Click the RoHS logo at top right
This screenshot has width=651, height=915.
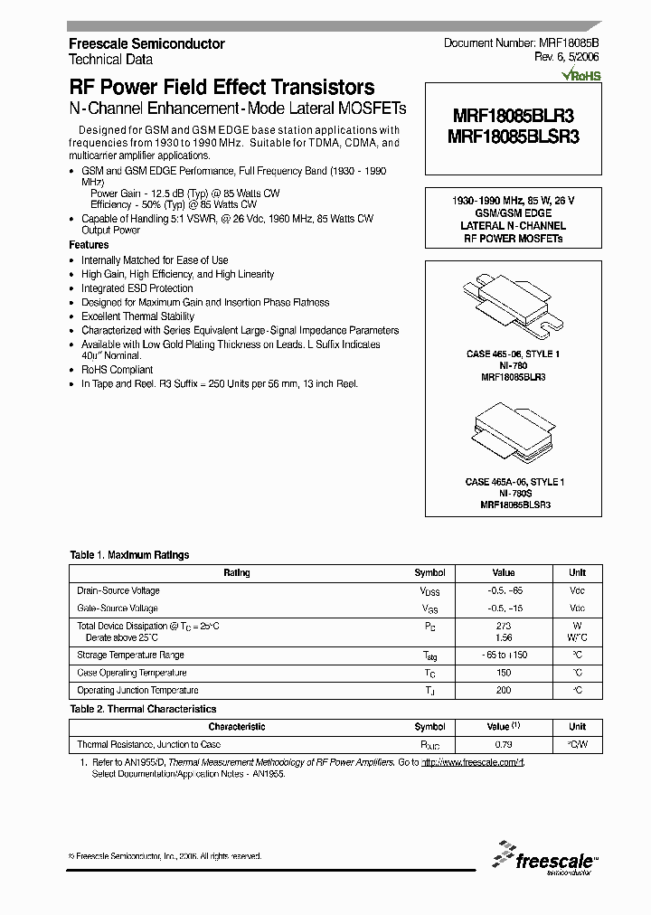pos(581,77)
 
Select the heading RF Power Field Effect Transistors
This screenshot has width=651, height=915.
pos(222,88)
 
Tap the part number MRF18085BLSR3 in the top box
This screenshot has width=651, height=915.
pos(513,137)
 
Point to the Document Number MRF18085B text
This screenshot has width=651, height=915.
pos(521,43)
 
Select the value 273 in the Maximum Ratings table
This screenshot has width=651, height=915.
pos(504,626)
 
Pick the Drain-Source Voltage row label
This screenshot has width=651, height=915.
pos(118,590)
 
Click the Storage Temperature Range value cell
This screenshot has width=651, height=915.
pos(504,655)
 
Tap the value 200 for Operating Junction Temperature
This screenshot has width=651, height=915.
pos(504,691)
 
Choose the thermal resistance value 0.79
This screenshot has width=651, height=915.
pos(504,745)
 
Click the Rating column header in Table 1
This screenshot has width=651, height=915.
pos(237,572)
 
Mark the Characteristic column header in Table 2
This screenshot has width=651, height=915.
pos(237,727)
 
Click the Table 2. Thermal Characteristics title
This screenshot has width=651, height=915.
pos(143,710)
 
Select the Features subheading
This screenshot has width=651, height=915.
pos(89,245)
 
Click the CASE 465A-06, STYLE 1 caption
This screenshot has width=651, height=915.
pos(513,483)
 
